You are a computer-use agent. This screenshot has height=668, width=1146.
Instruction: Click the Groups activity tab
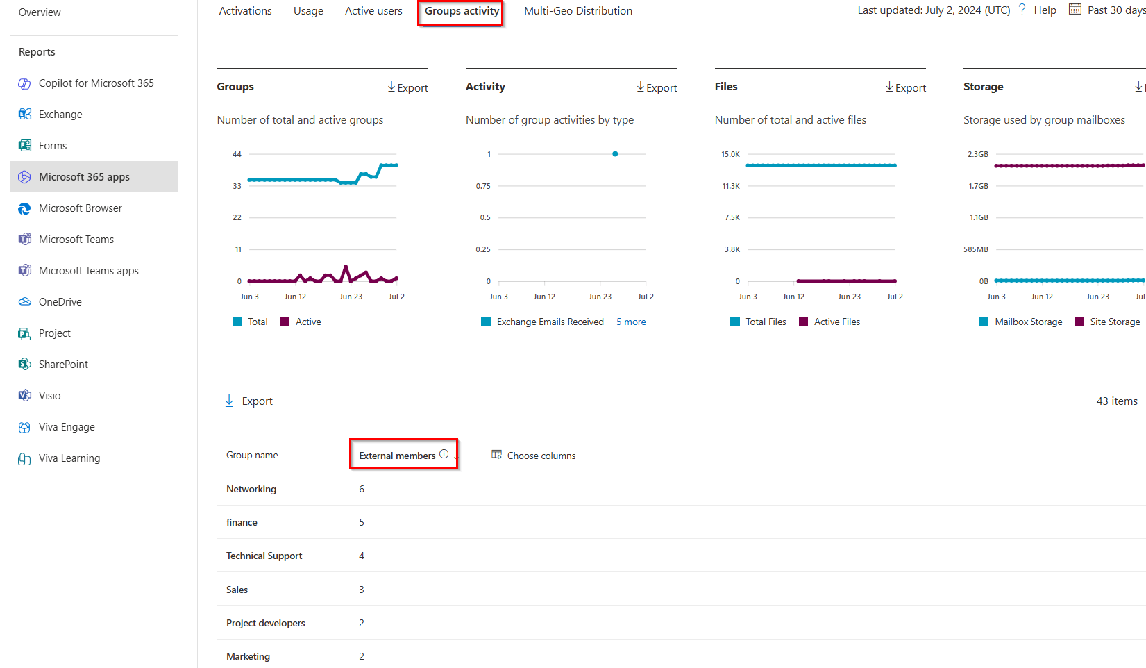tap(462, 11)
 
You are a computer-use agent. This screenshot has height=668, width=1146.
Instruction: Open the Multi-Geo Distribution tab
tap(578, 11)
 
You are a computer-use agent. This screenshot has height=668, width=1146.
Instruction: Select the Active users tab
tap(373, 11)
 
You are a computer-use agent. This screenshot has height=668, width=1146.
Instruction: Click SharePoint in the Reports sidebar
tap(63, 365)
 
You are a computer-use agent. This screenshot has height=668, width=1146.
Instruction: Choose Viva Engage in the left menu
tap(67, 427)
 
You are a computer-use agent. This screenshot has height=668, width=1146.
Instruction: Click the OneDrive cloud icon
tap(25, 302)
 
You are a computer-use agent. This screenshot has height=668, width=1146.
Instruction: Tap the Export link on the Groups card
tap(408, 87)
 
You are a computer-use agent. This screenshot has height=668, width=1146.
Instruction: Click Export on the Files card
tap(906, 87)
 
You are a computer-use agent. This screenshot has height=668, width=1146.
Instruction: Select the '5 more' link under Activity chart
tap(631, 322)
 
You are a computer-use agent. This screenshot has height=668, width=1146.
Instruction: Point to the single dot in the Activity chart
tap(615, 154)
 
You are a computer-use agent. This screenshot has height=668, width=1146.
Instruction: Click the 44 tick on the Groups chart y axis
tap(237, 154)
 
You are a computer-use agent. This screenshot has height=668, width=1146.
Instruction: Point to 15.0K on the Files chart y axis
tap(730, 154)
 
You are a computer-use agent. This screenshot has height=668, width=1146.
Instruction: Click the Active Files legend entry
tap(836, 322)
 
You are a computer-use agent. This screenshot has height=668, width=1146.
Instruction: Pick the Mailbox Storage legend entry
tap(1028, 322)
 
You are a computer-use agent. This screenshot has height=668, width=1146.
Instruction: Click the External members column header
tap(397, 456)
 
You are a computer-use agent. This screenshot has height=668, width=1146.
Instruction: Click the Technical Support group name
tap(264, 556)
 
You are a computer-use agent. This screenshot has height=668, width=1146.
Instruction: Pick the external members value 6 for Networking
tap(362, 490)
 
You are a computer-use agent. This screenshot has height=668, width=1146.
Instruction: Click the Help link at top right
tap(1044, 10)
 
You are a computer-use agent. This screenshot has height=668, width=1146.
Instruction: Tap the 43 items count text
tap(1116, 401)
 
